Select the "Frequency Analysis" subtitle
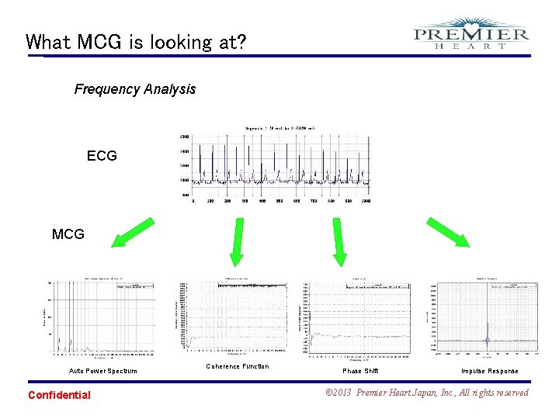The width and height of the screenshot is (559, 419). click(135, 89)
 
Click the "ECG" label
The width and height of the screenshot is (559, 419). click(102, 156)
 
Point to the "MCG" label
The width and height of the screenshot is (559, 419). click(68, 234)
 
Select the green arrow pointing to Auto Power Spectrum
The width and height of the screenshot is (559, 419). click(130, 233)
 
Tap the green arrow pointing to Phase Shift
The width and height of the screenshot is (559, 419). click(339, 242)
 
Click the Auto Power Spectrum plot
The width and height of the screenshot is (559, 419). click(100, 317)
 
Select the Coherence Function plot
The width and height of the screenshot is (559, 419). click(233, 318)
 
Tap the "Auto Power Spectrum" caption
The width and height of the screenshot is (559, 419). click(102, 371)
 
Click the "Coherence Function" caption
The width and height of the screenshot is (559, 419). click(238, 366)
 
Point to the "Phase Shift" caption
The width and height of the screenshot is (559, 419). click(361, 371)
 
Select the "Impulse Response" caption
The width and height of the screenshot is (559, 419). click(489, 371)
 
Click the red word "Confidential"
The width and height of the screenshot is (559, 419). click(59, 395)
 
